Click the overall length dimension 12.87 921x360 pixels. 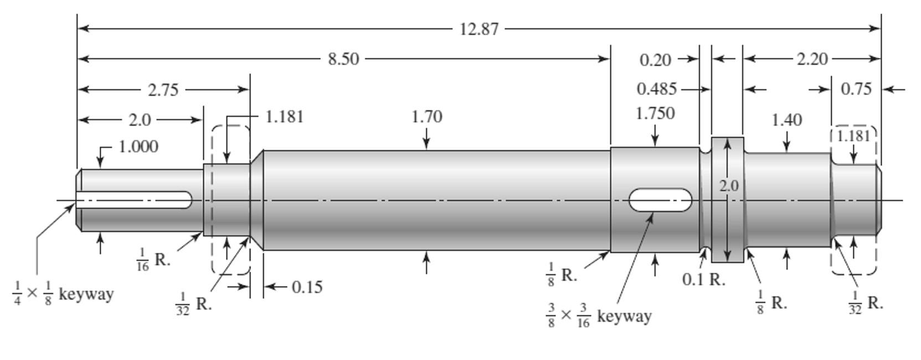(479, 29)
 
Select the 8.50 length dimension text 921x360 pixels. (343, 59)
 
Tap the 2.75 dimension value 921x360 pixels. (163, 90)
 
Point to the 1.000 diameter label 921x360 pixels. (138, 147)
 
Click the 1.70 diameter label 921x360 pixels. (426, 117)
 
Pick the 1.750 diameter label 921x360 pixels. (655, 114)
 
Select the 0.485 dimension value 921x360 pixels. (657, 89)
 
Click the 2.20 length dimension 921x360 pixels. (812, 59)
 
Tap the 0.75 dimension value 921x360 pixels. (856, 89)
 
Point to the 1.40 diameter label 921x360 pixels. (786, 120)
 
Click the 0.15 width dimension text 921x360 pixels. (307, 287)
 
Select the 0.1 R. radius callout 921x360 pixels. (703, 280)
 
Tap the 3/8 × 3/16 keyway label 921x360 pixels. (598, 316)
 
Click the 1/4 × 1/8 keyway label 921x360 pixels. (63, 294)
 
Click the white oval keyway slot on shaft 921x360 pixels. (660, 200)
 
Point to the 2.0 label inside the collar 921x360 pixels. (728, 186)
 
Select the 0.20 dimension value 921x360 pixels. (655, 60)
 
